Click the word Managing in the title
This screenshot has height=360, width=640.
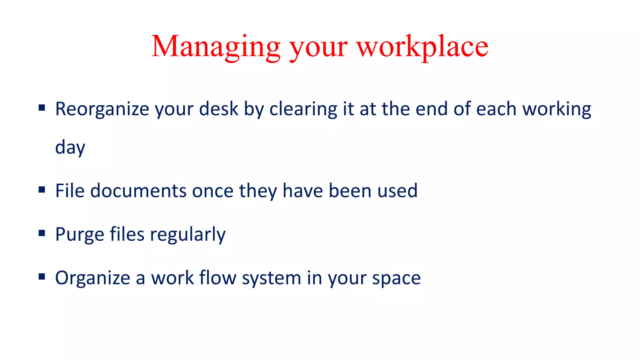[216, 47]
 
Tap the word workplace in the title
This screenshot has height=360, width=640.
[422, 47]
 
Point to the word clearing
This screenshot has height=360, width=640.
[303, 109]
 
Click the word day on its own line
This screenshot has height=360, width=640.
[70, 147]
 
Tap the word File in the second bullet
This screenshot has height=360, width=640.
[70, 191]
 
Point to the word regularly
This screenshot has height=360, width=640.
[187, 235]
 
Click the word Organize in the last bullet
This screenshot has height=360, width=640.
[92, 278]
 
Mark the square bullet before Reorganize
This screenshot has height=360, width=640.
[42, 108]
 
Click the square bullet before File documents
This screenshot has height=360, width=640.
[42, 190]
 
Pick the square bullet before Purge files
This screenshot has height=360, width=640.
[42, 233]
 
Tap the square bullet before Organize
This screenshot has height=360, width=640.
[42, 277]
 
